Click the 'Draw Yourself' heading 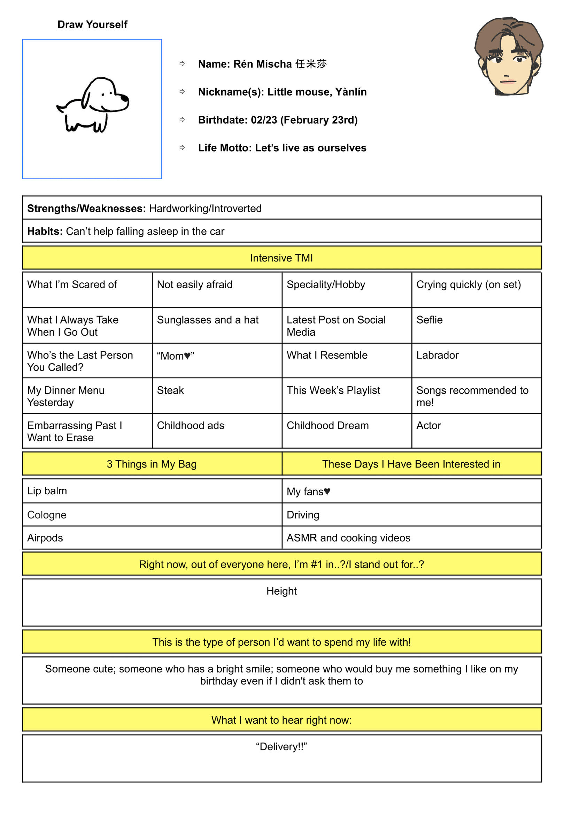[92, 24]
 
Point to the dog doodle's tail [61, 107]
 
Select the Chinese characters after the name [311, 64]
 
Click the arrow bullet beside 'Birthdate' [182, 120]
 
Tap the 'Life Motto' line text [282, 148]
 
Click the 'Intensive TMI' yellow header [281, 258]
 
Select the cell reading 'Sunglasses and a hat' [208, 320]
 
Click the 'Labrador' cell [438, 355]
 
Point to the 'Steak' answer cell [170, 390]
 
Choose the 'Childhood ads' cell [191, 426]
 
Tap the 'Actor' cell [428, 426]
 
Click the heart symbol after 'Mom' [187, 356]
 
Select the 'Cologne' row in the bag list [47, 515]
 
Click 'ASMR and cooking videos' [348, 538]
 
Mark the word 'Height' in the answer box [281, 591]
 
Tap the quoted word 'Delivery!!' [281, 747]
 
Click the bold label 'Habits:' [45, 231]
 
